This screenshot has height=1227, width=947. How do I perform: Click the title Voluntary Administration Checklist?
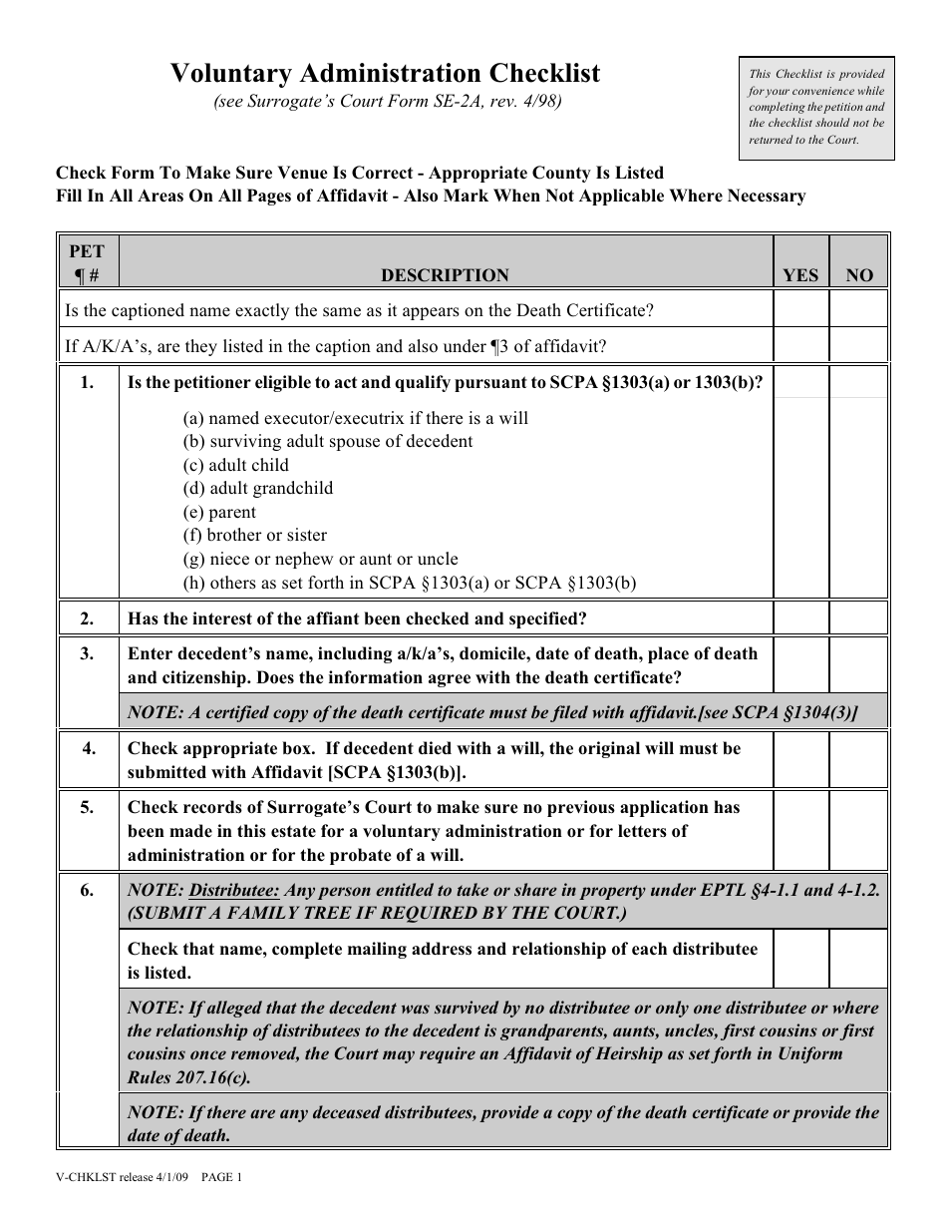pyautogui.click(x=385, y=73)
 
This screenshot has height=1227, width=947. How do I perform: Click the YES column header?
pyautogui.click(x=800, y=275)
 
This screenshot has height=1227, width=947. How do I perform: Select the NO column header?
pyautogui.click(x=858, y=275)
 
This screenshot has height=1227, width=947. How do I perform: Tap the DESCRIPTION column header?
pyautogui.click(x=445, y=275)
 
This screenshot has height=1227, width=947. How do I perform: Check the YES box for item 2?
pyautogui.click(x=800, y=618)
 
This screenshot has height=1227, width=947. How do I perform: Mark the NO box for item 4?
pyautogui.click(x=858, y=760)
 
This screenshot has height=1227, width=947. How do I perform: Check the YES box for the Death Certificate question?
pyautogui.click(x=800, y=310)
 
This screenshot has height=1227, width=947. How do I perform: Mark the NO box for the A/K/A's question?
pyautogui.click(x=858, y=345)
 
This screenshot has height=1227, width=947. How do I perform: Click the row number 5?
pyautogui.click(x=88, y=807)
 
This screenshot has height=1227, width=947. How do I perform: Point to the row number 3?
pyautogui.click(x=88, y=653)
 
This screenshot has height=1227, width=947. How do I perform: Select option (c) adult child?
pyautogui.click(x=235, y=465)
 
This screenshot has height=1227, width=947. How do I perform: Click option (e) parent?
pyautogui.click(x=219, y=512)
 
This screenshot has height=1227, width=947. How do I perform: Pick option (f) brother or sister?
pyautogui.click(x=255, y=536)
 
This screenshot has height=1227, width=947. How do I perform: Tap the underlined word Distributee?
pyautogui.click(x=235, y=890)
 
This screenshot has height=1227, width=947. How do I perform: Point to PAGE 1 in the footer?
pyautogui.click(x=222, y=1177)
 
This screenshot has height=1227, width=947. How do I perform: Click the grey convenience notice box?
pyautogui.click(x=816, y=108)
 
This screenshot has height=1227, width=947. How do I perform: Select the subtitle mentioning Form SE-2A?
pyautogui.click(x=387, y=102)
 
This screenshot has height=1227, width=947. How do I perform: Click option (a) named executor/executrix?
pyautogui.click(x=356, y=418)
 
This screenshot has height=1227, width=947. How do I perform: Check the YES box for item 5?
pyautogui.click(x=800, y=830)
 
